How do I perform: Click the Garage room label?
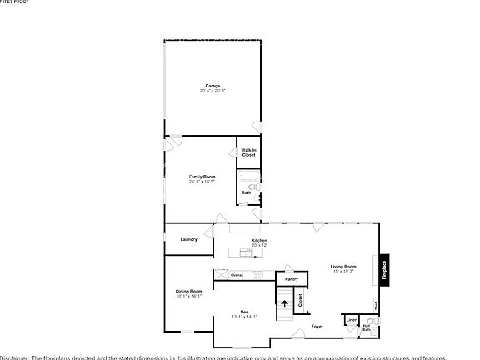(212, 85)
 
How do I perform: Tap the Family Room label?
(202, 177)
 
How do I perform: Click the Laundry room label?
(188, 239)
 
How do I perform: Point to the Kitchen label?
(259, 240)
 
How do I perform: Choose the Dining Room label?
(188, 291)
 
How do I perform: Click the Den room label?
(244, 312)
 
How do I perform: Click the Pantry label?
(291, 267)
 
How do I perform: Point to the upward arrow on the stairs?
(284, 304)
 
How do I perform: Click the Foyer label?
(317, 326)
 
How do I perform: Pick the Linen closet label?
(352, 320)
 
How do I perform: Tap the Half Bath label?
(366, 328)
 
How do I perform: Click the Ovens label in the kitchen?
(237, 274)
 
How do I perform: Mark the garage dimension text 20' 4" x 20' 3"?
(212, 90)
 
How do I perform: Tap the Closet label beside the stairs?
(301, 301)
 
